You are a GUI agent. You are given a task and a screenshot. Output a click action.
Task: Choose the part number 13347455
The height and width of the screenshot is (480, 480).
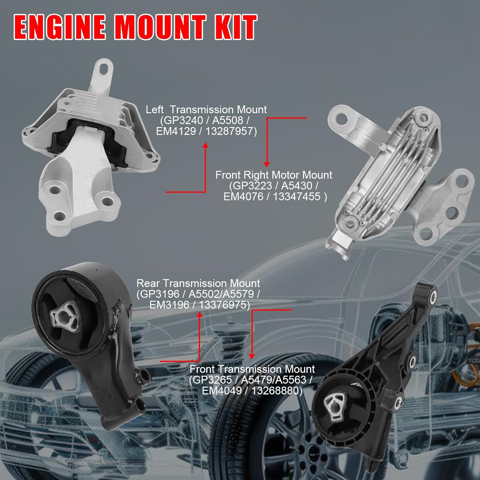point(296,196)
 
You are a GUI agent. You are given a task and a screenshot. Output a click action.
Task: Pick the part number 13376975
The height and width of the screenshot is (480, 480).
point(224,305)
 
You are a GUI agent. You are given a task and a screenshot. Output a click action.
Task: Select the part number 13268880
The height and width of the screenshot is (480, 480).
point(276,391)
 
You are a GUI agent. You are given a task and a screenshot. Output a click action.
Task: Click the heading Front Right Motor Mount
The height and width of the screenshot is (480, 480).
point(274,175)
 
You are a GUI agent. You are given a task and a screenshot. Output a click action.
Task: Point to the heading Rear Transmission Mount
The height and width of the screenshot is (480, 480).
point(198,283)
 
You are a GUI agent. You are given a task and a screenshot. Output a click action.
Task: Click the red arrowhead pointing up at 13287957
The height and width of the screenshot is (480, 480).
point(205,146)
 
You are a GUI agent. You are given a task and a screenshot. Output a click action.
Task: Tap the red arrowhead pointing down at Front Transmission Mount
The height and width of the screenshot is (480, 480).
point(252,356)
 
